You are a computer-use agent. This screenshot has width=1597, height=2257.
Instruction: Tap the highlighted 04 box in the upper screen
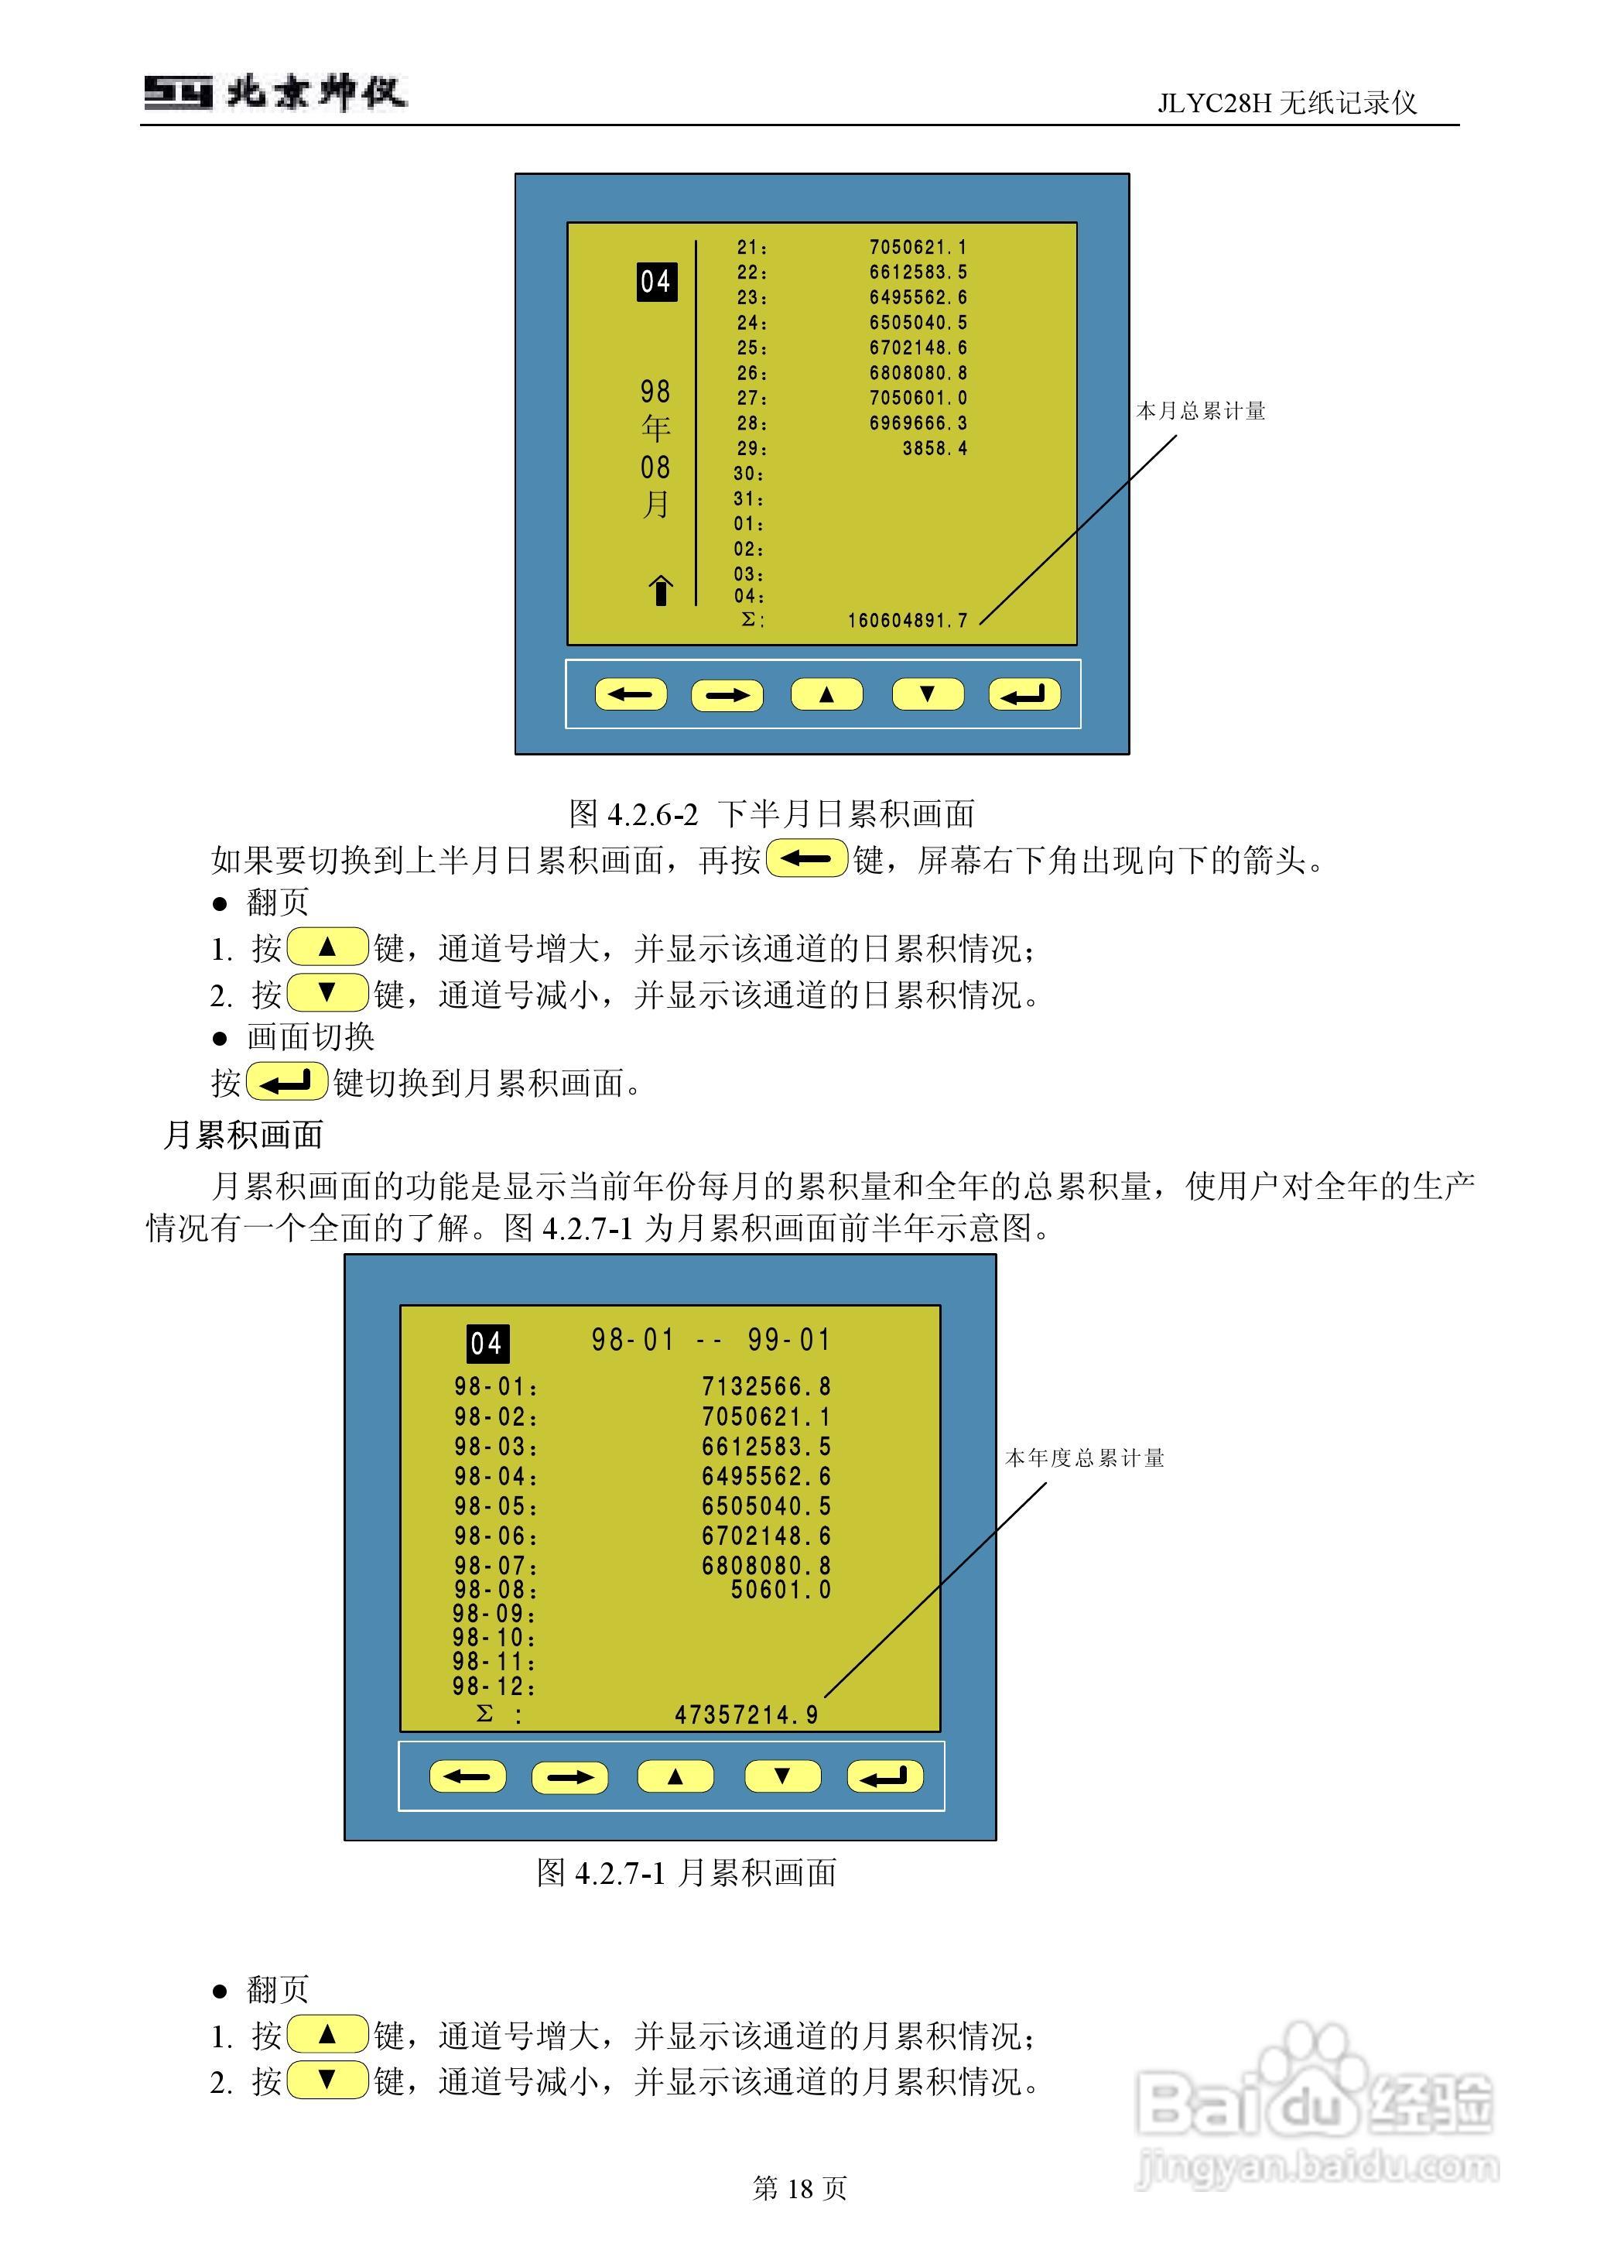(656, 283)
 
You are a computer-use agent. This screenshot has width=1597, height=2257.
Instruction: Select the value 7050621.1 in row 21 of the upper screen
(918, 248)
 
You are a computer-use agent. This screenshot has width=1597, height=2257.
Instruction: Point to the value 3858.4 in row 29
(934, 448)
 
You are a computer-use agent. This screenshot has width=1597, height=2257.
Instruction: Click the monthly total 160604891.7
(908, 621)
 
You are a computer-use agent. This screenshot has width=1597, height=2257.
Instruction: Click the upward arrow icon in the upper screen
(661, 590)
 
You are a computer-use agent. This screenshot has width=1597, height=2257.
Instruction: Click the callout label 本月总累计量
(1201, 411)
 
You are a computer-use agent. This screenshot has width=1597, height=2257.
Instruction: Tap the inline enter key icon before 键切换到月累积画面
(286, 1083)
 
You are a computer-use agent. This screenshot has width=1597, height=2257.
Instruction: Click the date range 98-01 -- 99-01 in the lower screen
(711, 1340)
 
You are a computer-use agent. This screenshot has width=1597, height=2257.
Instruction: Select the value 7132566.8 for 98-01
(766, 1387)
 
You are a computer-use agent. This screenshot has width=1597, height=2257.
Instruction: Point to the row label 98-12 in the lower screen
(494, 1687)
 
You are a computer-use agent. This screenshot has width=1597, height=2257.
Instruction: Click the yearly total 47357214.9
(747, 1715)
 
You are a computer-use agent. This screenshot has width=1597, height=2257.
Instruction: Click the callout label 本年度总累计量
(1085, 1457)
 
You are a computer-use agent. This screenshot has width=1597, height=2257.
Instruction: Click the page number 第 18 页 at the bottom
(798, 2187)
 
